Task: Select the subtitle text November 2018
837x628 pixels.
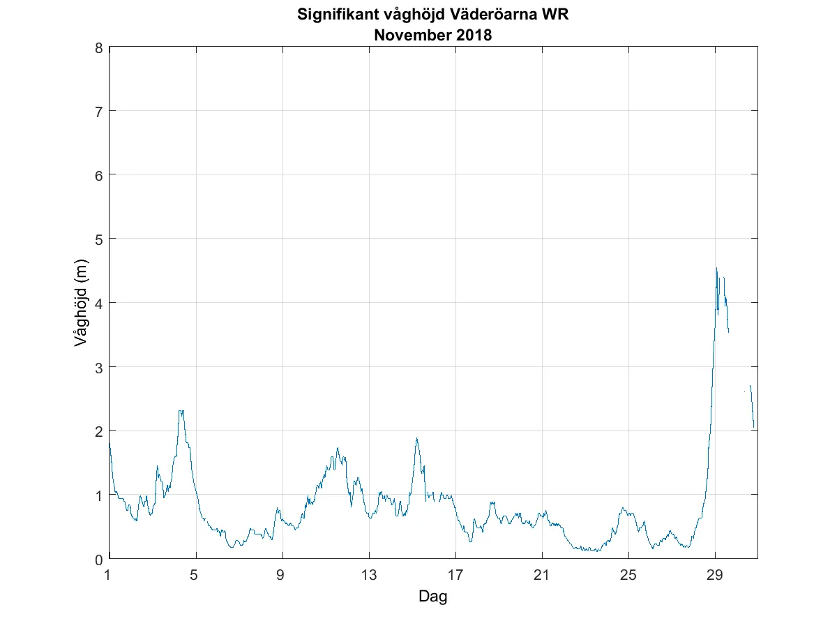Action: [433, 36]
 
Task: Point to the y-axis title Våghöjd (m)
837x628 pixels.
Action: [82, 303]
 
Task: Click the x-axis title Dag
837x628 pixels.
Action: [432, 597]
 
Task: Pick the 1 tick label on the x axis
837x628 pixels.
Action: [108, 576]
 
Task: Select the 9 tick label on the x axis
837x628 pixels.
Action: [282, 576]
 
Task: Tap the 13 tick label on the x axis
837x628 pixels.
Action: [369, 576]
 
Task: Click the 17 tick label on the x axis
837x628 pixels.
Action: [455, 576]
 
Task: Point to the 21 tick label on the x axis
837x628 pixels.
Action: [542, 576]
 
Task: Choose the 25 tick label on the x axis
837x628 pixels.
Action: [628, 576]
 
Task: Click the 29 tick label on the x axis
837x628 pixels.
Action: [715, 576]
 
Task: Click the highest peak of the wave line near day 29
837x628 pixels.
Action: [716, 269]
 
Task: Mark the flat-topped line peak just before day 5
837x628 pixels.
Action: [181, 411]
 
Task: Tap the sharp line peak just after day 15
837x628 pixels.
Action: [416, 439]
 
